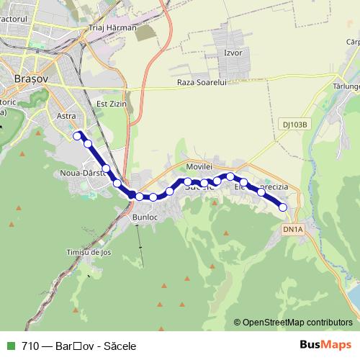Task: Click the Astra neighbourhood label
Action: [66, 115]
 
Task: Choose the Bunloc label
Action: [145, 215]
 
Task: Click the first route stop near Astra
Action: [77, 134]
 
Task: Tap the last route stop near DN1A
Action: [283, 207]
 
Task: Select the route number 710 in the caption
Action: [30, 346]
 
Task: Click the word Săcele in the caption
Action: [119, 346]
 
